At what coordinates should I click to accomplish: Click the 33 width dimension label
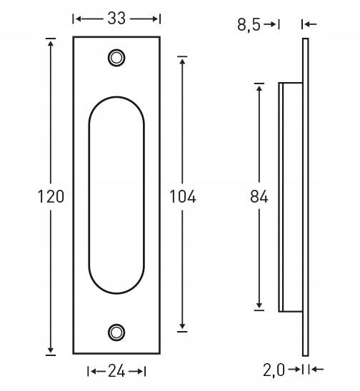(x=116, y=19)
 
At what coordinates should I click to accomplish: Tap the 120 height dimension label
(x=51, y=196)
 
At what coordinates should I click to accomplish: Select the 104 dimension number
(x=182, y=196)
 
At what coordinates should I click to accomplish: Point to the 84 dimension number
(x=259, y=196)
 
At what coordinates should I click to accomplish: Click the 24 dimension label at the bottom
(x=116, y=372)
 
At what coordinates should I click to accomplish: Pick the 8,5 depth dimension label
(x=249, y=25)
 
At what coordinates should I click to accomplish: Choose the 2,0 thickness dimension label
(x=274, y=370)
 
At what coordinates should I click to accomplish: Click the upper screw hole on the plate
(x=116, y=58)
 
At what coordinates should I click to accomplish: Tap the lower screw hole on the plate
(x=116, y=332)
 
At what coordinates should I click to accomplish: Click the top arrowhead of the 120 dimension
(x=51, y=42)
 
